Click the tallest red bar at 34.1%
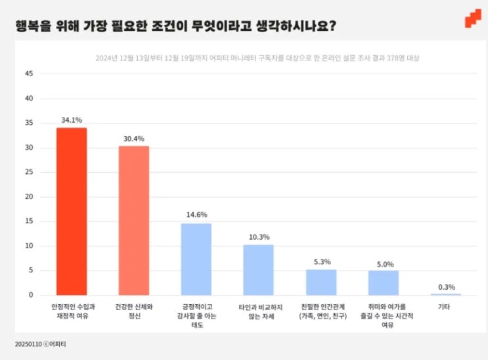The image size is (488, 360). tap(71, 211)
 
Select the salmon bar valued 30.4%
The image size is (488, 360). tap(133, 220)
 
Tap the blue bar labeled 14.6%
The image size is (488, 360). tap(196, 259)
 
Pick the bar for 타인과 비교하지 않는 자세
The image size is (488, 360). tap(258, 269)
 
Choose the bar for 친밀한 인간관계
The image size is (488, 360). tap(321, 282)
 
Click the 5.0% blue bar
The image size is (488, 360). tap(383, 282)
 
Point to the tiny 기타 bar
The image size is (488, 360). tap(445, 294)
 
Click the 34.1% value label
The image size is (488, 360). tap(71, 120)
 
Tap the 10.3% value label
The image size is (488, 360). tap(258, 237)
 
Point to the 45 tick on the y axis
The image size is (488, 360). tap(28, 74)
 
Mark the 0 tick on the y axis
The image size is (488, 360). tap(30, 296)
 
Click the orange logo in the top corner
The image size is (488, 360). tap(472, 19)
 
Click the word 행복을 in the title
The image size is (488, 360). tap(32, 27)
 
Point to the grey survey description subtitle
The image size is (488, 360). tap(257, 58)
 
